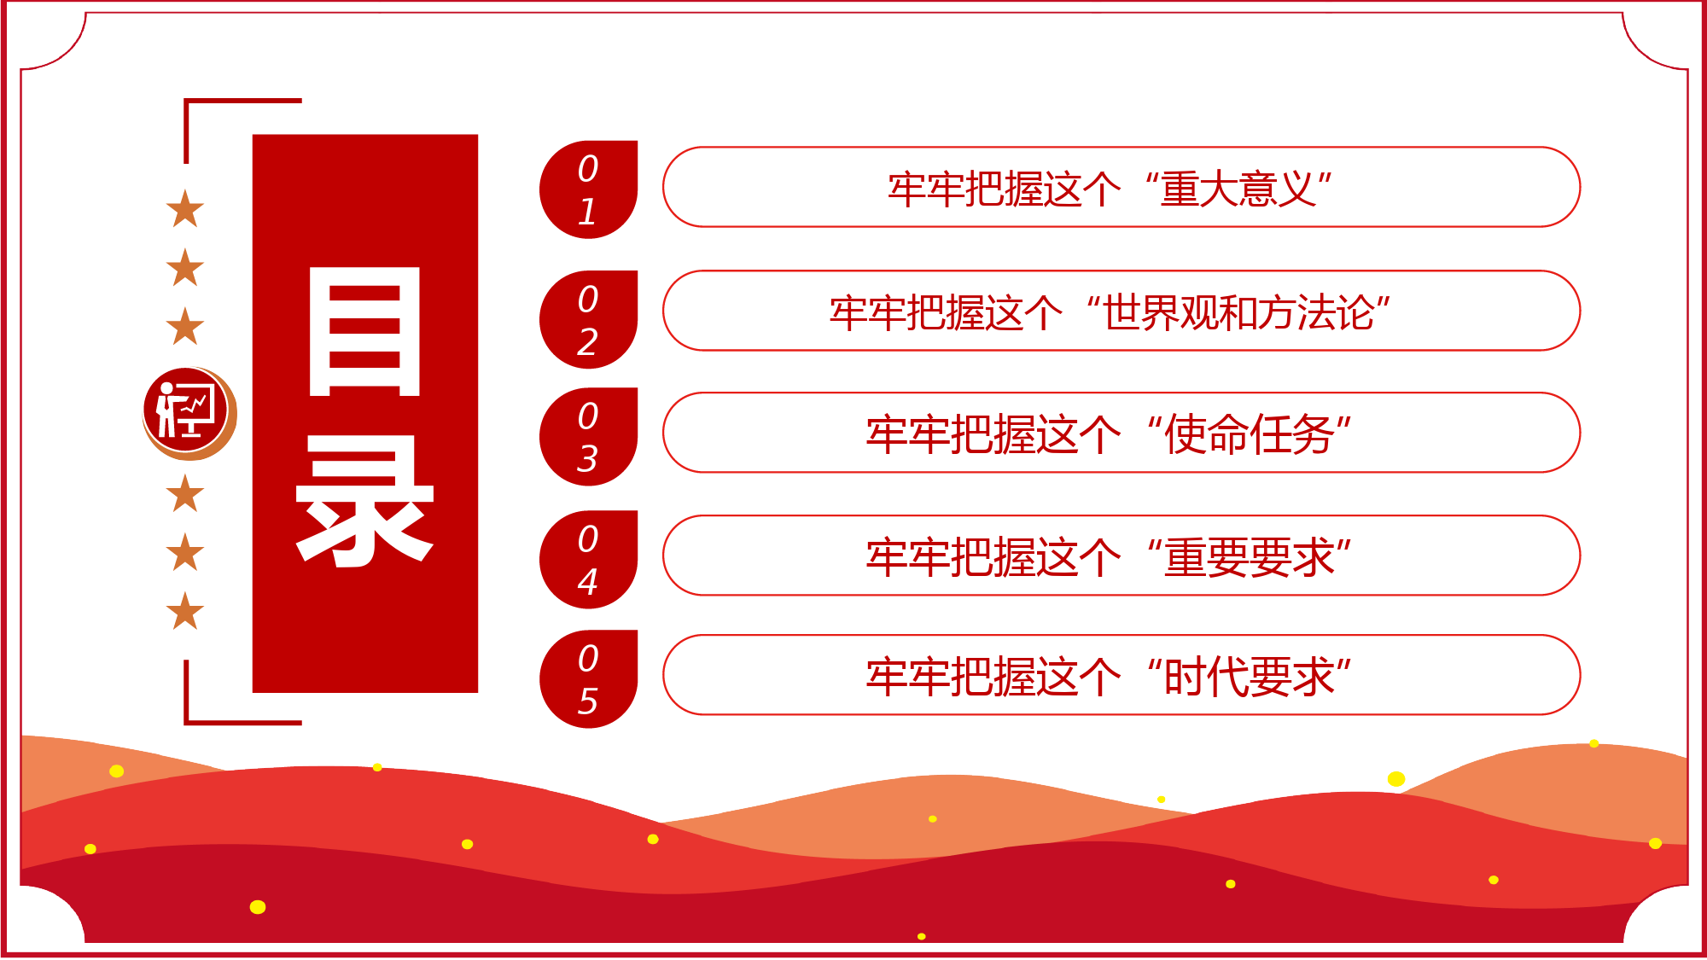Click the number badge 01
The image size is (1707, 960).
589,189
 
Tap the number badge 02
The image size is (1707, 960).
589,320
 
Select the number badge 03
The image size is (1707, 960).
589,437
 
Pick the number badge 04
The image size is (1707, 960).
589,560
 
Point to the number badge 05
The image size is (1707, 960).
589,679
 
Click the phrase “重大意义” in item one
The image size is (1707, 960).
1238,189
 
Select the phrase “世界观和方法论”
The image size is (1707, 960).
1238,312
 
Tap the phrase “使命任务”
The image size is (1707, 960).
1249,434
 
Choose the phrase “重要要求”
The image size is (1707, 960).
1249,557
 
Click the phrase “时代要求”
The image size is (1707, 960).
1249,677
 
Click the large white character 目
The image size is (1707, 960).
364,331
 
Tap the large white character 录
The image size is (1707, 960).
364,501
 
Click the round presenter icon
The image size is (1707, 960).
189,414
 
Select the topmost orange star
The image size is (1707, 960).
185,209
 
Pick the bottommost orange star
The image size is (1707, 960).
185,610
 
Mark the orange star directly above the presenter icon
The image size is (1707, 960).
185,326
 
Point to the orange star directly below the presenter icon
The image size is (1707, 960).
185,493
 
